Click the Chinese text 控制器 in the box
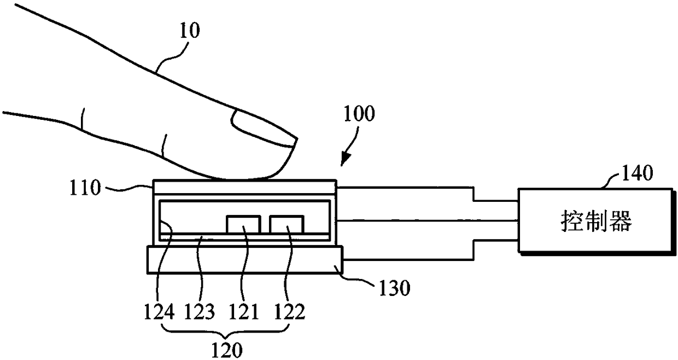pos(596,222)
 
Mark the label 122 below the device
pos(290,313)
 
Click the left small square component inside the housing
pos(243,224)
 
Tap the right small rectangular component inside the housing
pos(286,224)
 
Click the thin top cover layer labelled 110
pos(244,186)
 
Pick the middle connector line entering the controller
pos(426,220)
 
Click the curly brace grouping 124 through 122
pos(225,330)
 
